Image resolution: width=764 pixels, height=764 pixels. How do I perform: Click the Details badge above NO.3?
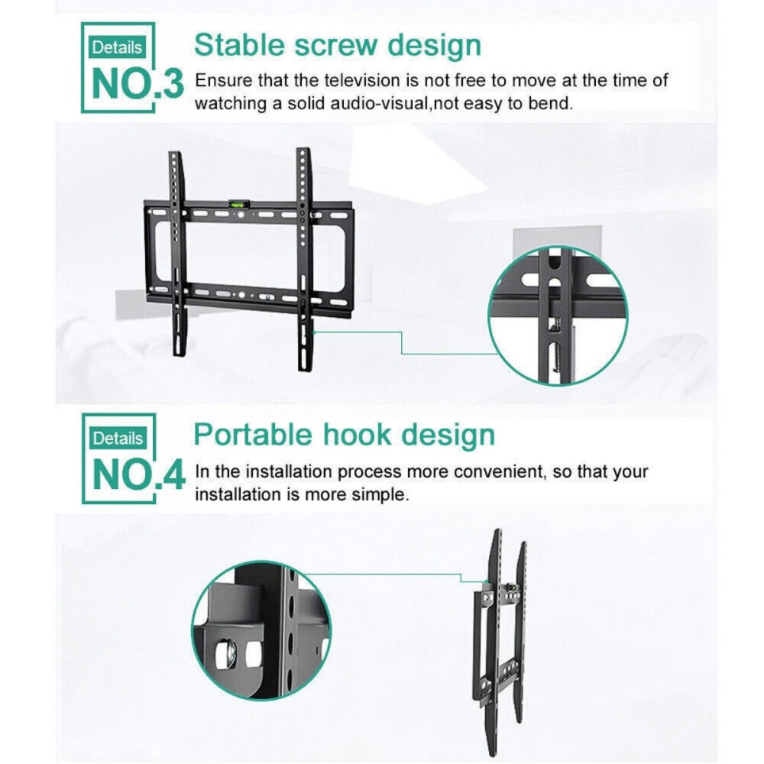(117, 47)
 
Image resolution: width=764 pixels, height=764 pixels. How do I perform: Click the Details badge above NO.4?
(117, 439)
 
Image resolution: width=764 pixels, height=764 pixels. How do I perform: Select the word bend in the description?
(551, 103)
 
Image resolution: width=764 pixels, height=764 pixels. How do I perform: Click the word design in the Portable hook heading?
(448, 435)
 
